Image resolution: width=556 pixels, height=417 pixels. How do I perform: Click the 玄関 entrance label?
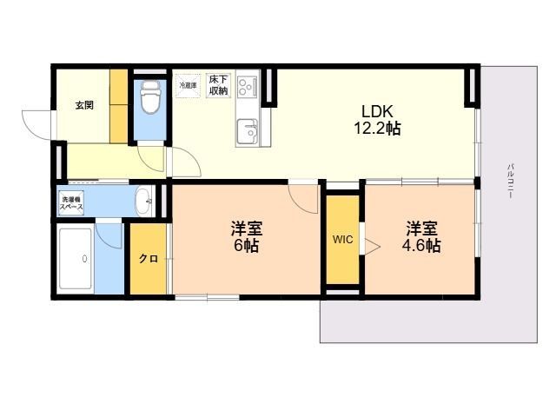click(x=84, y=105)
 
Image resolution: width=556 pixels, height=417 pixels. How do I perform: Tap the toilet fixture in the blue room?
click(x=150, y=97)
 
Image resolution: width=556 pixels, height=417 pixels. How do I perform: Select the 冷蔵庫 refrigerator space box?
click(x=188, y=85)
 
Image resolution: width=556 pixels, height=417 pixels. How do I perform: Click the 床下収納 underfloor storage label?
click(x=218, y=85)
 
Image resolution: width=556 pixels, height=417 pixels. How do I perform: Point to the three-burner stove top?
click(x=247, y=86)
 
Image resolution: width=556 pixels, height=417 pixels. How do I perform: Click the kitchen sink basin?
click(x=248, y=130)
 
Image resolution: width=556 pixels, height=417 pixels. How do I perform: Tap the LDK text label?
click(x=377, y=111)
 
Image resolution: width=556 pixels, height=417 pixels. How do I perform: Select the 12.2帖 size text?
click(x=378, y=128)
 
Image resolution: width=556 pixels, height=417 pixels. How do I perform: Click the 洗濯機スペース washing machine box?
click(x=71, y=203)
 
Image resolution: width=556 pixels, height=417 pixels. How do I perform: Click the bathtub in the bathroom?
click(x=76, y=259)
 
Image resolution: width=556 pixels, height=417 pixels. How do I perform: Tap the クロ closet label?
click(x=149, y=259)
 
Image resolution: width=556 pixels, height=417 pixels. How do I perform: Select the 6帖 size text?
click(x=246, y=245)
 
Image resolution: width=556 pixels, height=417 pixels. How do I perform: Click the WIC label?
click(x=343, y=240)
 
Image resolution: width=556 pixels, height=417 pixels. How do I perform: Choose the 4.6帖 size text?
click(x=421, y=245)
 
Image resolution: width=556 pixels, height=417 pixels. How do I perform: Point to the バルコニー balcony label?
click(x=511, y=181)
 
